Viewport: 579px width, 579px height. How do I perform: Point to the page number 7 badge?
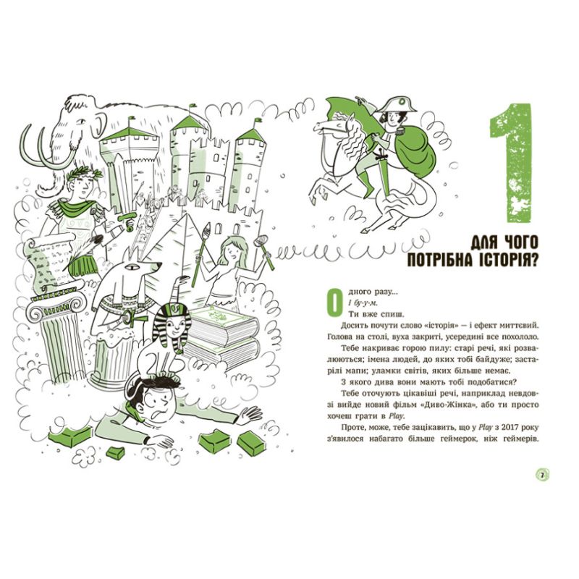coord(542,475)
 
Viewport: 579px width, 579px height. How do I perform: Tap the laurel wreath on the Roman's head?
coord(84,173)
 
